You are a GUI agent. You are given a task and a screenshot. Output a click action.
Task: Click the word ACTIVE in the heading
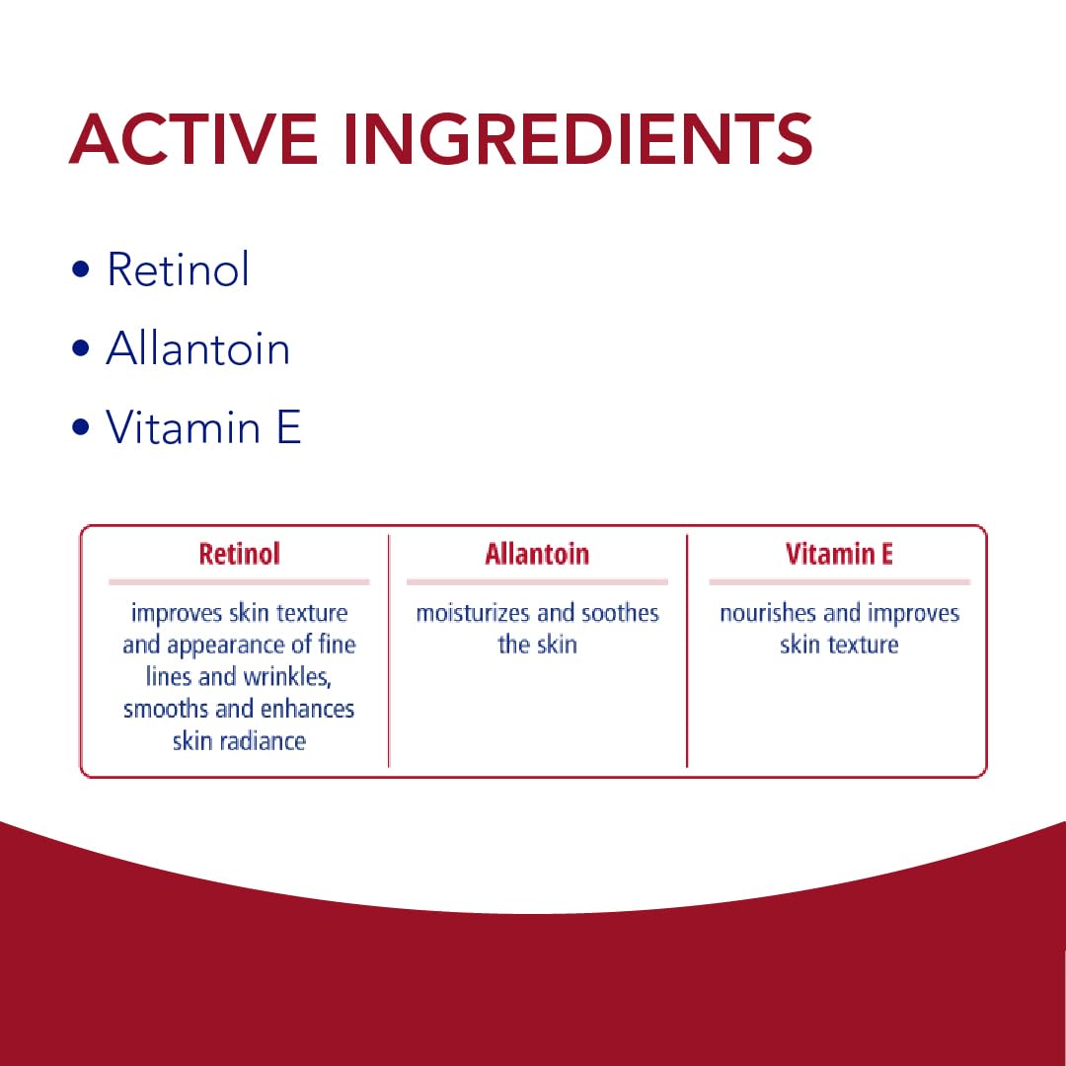tap(193, 139)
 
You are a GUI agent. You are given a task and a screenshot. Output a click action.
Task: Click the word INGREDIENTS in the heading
tap(578, 139)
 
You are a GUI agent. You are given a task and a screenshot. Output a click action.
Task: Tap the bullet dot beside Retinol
tap(80, 268)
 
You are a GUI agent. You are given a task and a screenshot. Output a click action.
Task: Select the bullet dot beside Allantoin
tap(80, 348)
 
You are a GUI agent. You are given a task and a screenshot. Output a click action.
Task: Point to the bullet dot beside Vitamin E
tap(80, 427)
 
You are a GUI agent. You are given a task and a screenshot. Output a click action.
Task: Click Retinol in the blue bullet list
tap(178, 268)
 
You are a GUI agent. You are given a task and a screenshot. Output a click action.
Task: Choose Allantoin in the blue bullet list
tap(197, 348)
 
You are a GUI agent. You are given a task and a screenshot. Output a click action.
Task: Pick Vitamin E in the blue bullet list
tap(203, 427)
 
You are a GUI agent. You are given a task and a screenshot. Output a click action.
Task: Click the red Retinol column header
tap(239, 554)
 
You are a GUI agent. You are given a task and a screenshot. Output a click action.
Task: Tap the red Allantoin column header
tap(537, 554)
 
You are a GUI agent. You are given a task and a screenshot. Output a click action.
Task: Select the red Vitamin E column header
tap(839, 554)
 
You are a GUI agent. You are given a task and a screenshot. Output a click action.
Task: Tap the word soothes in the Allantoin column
tap(621, 613)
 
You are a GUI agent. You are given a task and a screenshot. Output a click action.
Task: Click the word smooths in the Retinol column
tap(166, 709)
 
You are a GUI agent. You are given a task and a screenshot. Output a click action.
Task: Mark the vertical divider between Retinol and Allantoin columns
tap(389, 651)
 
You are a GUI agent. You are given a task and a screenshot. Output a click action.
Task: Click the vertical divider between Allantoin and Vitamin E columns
tap(687, 651)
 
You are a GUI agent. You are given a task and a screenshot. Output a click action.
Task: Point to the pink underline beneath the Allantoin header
tap(537, 582)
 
